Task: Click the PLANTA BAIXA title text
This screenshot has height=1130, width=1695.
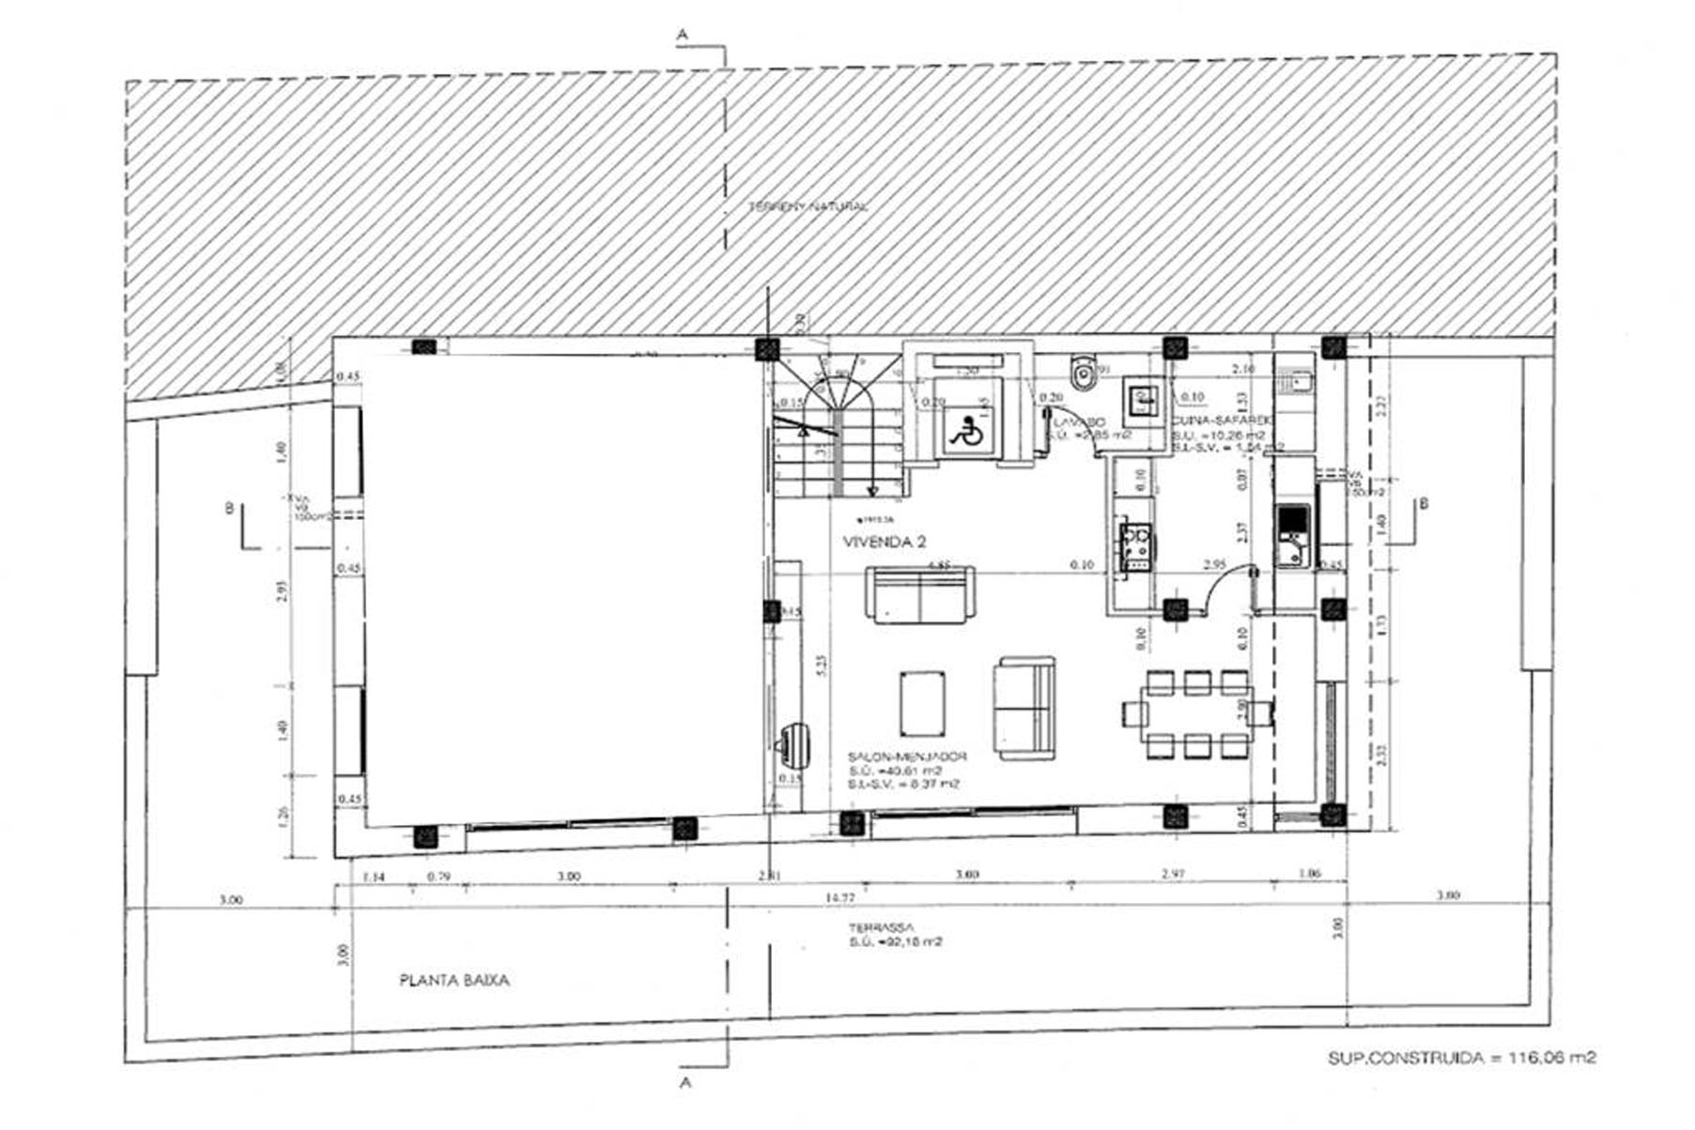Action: click(x=455, y=981)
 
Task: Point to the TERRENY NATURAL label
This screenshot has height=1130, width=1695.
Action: click(x=808, y=206)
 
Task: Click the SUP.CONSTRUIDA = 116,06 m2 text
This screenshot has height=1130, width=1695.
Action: click(x=1461, y=1058)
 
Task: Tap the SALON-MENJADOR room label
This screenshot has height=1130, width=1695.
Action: click(x=907, y=756)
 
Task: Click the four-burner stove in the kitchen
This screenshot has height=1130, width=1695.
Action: click(x=1136, y=548)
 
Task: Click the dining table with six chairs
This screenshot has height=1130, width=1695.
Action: click(x=1194, y=715)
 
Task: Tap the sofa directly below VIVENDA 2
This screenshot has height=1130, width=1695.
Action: click(x=919, y=595)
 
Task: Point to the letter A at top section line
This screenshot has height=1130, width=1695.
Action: click(x=683, y=34)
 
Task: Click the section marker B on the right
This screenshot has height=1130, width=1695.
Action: click(x=1424, y=504)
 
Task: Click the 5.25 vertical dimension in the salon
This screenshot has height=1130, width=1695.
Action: click(x=822, y=666)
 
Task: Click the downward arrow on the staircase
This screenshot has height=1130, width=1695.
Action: click(x=872, y=490)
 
